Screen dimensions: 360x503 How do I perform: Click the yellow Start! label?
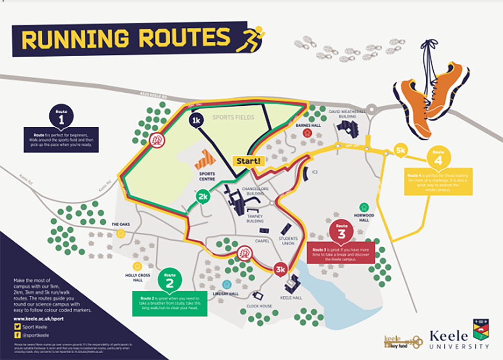coord(249,160)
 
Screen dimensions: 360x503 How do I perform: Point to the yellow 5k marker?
coord(401,150)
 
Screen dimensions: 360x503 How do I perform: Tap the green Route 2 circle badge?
coord(170,281)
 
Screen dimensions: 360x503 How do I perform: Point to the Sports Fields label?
coord(233,117)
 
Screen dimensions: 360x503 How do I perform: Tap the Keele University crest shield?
coord(481,329)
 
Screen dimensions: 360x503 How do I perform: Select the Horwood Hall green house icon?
coord(364,207)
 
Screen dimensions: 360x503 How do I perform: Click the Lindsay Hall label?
coord(226,294)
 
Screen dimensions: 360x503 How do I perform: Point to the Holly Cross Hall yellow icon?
coord(137,266)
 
